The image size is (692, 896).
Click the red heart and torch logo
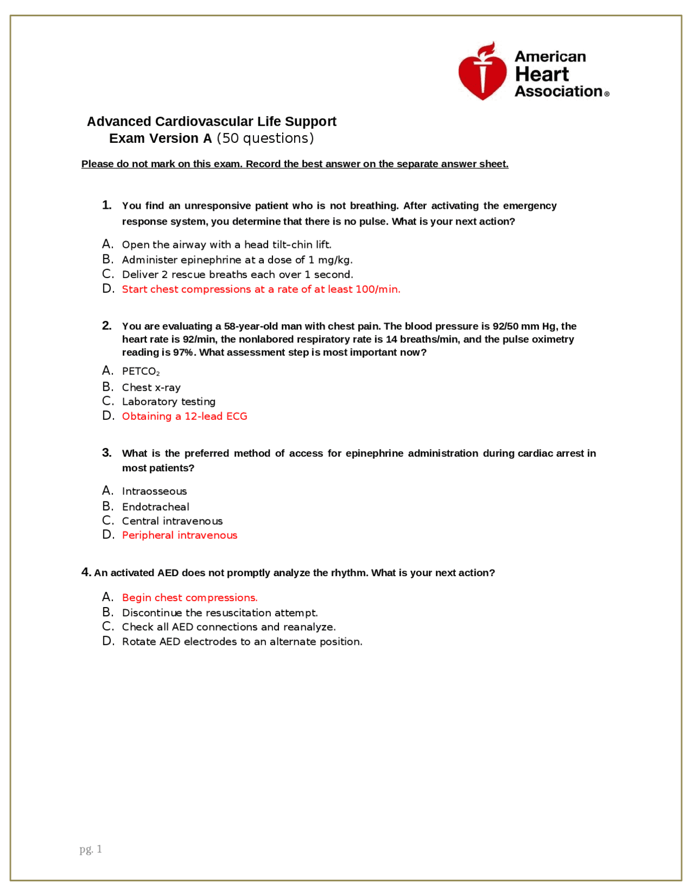482,72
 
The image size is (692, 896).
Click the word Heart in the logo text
541,74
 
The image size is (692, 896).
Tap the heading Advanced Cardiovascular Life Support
211,121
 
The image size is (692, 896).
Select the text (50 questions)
265,139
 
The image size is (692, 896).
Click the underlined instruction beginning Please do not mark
295,164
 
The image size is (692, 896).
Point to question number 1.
107,205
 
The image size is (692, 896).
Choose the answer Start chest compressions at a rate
261,289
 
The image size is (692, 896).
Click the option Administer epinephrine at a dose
237,260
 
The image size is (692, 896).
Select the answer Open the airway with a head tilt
226,245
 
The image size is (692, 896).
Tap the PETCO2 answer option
141,371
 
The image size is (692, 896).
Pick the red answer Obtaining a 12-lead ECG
184,416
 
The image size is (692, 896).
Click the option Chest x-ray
151,387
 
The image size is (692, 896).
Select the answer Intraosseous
154,491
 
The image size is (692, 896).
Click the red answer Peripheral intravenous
179,535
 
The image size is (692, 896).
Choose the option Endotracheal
155,507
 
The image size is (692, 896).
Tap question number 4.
86,572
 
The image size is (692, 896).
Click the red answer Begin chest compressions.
189,597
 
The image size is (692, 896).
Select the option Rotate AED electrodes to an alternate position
242,642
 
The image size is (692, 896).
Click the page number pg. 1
90,849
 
